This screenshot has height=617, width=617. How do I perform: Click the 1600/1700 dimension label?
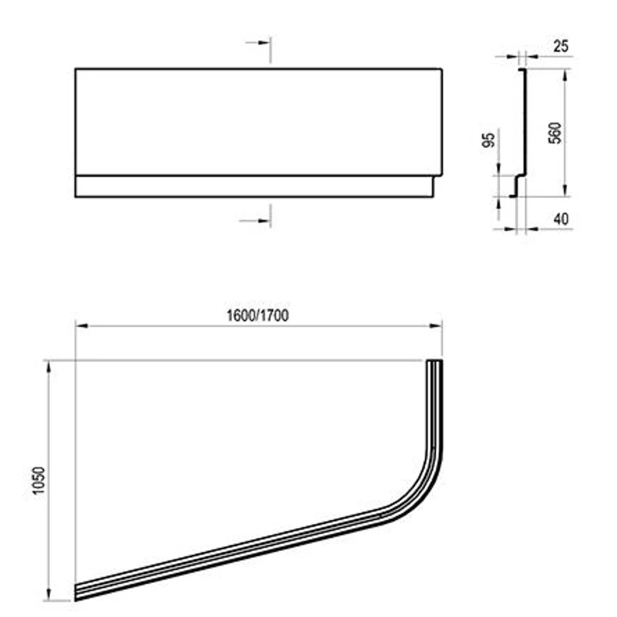pyautogui.click(x=258, y=315)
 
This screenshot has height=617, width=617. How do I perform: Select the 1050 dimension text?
pyautogui.click(x=39, y=480)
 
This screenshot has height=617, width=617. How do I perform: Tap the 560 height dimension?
pyautogui.click(x=555, y=133)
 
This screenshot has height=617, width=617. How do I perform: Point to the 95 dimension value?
pyautogui.click(x=488, y=140)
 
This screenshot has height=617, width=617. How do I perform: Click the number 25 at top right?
pyautogui.click(x=561, y=46)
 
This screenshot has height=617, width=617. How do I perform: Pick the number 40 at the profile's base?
pyautogui.click(x=561, y=219)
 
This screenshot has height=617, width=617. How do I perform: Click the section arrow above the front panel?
pyautogui.click(x=258, y=42)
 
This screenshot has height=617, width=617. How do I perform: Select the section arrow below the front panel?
pyautogui.click(x=255, y=221)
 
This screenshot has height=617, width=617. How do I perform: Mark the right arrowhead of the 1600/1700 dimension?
pyautogui.click(x=436, y=325)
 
